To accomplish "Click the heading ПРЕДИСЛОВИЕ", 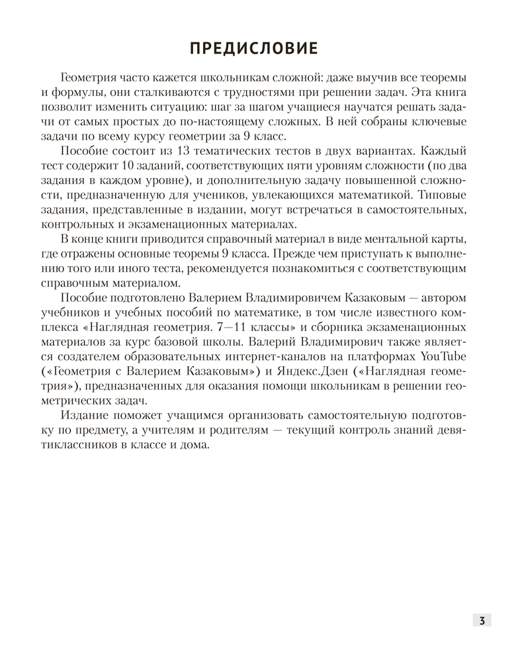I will point(254,48).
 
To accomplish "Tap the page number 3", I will point(482,620).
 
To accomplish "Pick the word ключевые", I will point(439,122).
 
